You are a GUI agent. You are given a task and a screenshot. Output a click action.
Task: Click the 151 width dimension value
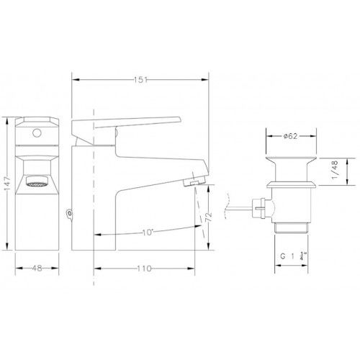pyautogui.click(x=140, y=80)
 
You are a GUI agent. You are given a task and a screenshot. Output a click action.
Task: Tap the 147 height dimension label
pyautogui.click(x=7, y=184)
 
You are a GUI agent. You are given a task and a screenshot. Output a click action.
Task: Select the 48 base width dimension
pyautogui.click(x=37, y=268)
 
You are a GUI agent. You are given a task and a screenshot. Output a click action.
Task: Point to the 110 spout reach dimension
pyautogui.click(x=145, y=269)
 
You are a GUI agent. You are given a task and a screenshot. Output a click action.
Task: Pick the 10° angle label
pyautogui.click(x=148, y=232)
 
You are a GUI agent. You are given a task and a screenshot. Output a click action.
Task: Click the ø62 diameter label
pyautogui.click(x=290, y=136)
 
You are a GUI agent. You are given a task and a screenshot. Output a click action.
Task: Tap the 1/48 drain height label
pyautogui.click(x=335, y=170)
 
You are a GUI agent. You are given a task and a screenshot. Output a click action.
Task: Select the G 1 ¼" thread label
pyautogui.click(x=294, y=256)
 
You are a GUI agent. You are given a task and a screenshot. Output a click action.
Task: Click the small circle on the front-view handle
pyautogui.click(x=37, y=133)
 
